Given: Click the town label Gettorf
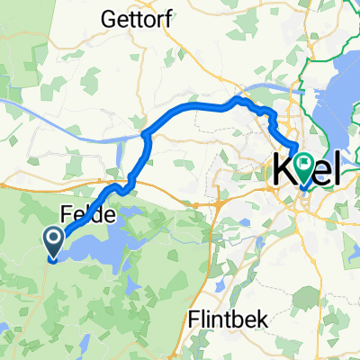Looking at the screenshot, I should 134,18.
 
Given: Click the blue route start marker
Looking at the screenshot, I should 52,242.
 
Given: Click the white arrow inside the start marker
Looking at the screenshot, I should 52,238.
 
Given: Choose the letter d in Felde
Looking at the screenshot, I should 101,214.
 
